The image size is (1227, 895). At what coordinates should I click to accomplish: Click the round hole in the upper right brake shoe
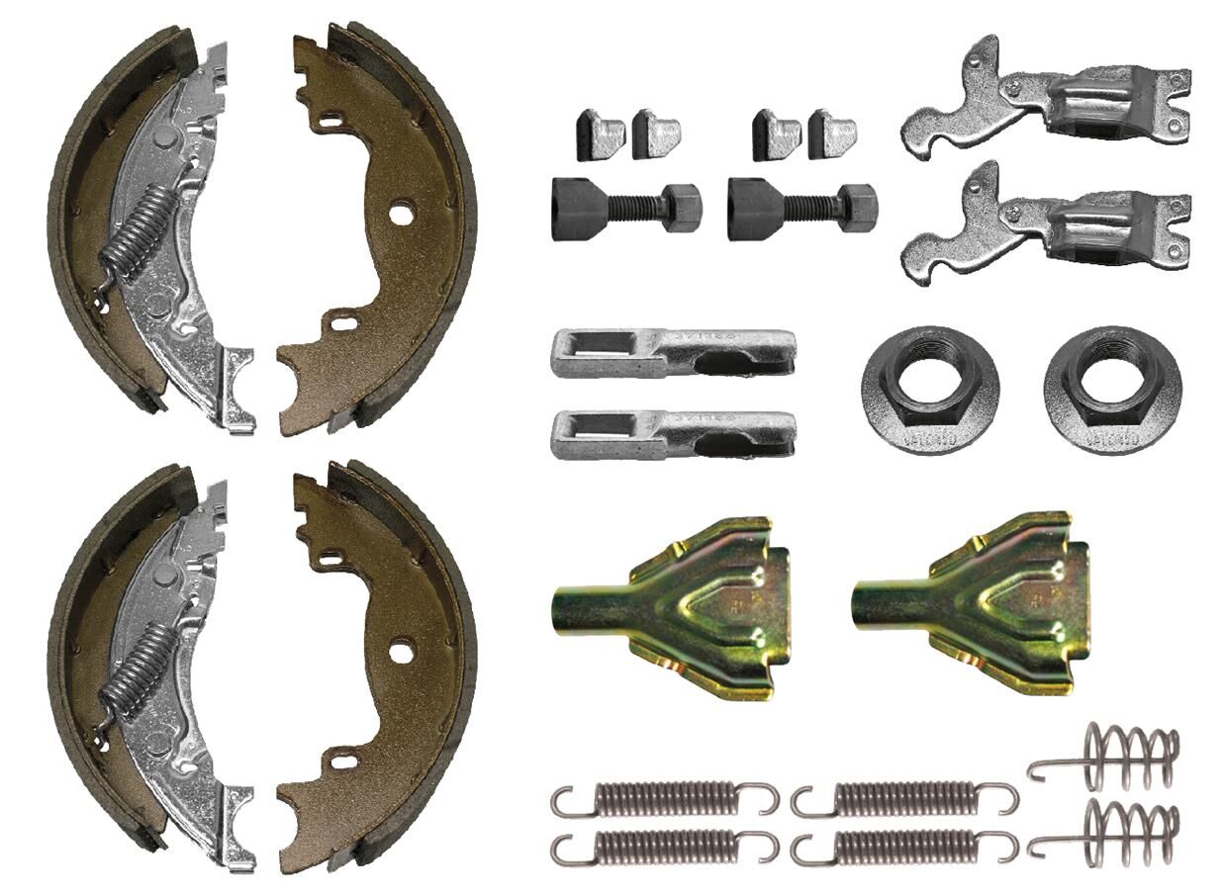click(x=400, y=213)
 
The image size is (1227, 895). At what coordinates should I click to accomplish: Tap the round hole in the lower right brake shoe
click(x=400, y=652)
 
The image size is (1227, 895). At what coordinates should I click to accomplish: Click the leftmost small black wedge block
click(x=600, y=134)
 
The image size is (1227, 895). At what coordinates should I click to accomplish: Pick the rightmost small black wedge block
click(x=831, y=134)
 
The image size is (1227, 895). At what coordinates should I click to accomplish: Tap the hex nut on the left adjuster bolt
click(x=681, y=208)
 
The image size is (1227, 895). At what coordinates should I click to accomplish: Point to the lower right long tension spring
click(x=904, y=846)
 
